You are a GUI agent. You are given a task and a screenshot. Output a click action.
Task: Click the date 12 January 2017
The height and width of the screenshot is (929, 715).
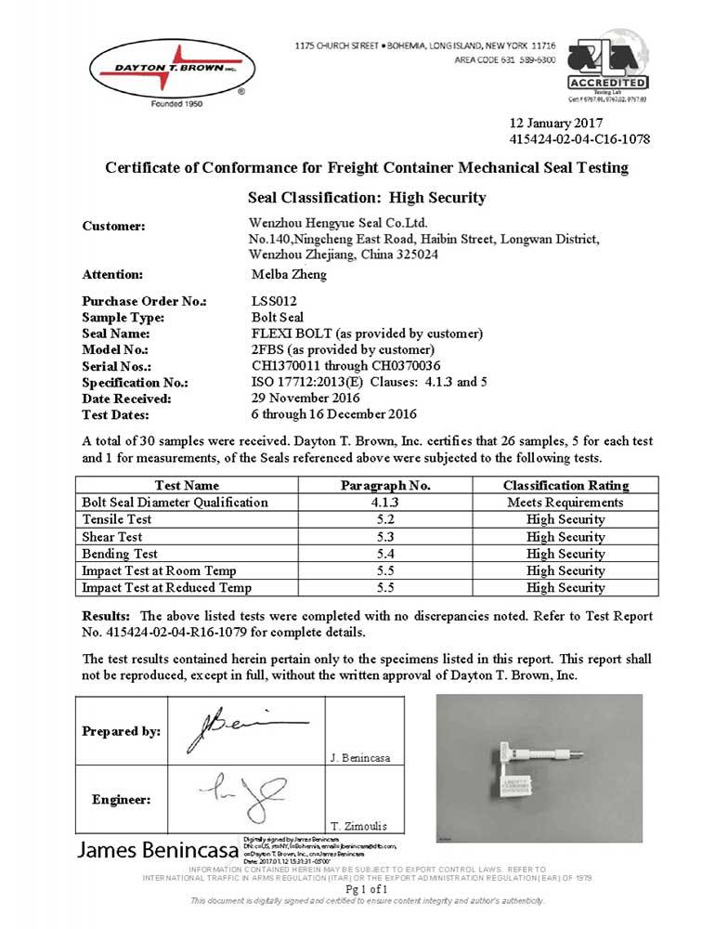[x=557, y=123]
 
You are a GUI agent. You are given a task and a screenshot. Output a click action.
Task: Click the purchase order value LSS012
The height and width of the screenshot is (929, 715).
[x=275, y=302]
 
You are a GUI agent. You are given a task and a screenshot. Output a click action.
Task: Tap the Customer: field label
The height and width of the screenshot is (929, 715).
[x=114, y=226]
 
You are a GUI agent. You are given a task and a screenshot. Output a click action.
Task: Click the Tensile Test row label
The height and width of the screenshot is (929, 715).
[x=117, y=519]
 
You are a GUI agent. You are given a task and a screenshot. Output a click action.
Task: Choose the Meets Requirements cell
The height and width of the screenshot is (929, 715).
[x=565, y=502]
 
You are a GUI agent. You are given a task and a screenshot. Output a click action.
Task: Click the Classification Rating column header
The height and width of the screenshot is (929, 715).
[x=565, y=485]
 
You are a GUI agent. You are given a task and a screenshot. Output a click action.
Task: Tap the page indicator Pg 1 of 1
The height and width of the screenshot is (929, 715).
[x=357, y=889]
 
